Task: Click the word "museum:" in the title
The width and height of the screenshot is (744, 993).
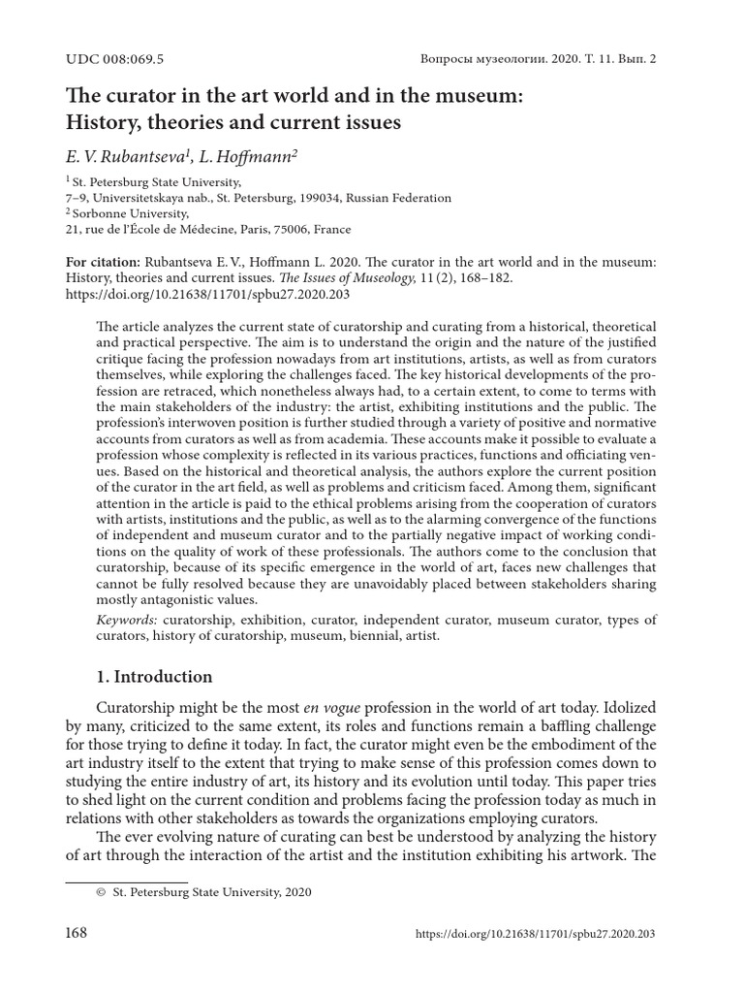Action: point(516,97)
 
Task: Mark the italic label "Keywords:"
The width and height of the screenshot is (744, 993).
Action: point(130,620)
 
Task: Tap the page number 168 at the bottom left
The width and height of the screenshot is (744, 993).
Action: point(77,933)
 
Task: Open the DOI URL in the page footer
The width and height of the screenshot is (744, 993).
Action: point(535,934)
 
